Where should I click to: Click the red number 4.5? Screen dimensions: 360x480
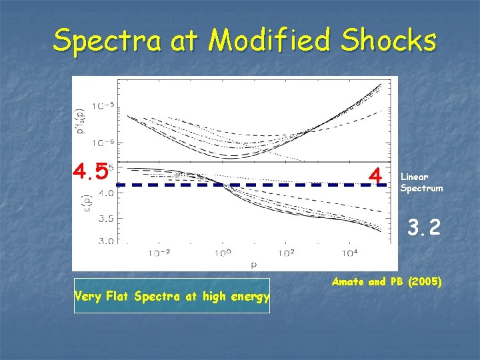(91, 172)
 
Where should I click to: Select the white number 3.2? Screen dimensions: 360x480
(424, 229)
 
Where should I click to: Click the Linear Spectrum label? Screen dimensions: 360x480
(421, 182)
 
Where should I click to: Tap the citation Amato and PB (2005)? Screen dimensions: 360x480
(386, 282)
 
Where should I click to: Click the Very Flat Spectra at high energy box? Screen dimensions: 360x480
(171, 296)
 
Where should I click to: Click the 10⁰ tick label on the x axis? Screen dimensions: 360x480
(223, 253)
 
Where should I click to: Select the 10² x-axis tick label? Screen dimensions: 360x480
(287, 253)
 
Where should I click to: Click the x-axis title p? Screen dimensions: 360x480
(254, 264)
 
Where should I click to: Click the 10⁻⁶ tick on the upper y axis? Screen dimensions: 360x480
(104, 143)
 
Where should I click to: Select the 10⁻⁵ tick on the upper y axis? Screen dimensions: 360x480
(104, 105)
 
